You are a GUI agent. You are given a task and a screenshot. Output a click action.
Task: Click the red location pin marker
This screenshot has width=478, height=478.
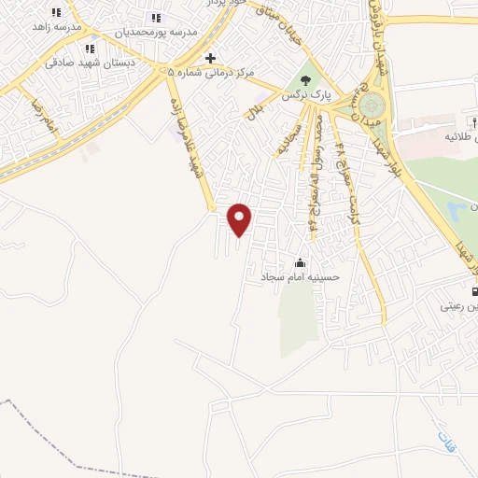(240, 218)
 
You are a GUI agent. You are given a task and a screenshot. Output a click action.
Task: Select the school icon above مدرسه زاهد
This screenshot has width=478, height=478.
(56, 12)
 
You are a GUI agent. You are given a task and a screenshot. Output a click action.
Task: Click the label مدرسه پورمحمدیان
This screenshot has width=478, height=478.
(156, 32)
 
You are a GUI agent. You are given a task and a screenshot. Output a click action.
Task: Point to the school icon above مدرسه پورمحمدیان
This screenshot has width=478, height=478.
(156, 18)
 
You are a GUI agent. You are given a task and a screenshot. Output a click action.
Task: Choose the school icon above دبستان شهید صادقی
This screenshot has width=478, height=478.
(90, 49)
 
